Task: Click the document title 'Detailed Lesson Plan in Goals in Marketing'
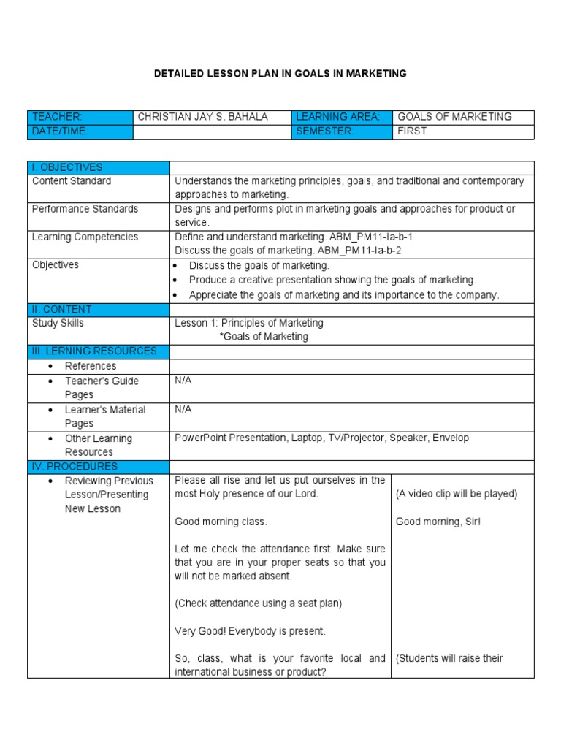coord(280,74)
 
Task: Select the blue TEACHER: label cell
coord(80,117)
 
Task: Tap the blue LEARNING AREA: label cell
coord(342,117)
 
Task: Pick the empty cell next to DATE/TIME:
coord(212,131)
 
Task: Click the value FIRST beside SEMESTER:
coord(412,131)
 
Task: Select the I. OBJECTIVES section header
coord(68,167)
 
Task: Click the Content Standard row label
coord(72,181)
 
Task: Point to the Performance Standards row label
coord(85,209)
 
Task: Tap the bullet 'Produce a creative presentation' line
coord(332,280)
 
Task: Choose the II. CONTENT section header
coord(62,309)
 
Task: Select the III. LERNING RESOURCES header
coord(94,351)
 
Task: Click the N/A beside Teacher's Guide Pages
coord(183,381)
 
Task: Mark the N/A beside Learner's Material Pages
coord(183,409)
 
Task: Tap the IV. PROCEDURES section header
coord(75,466)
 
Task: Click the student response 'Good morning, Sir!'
coord(438,522)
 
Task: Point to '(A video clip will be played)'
coord(457,494)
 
